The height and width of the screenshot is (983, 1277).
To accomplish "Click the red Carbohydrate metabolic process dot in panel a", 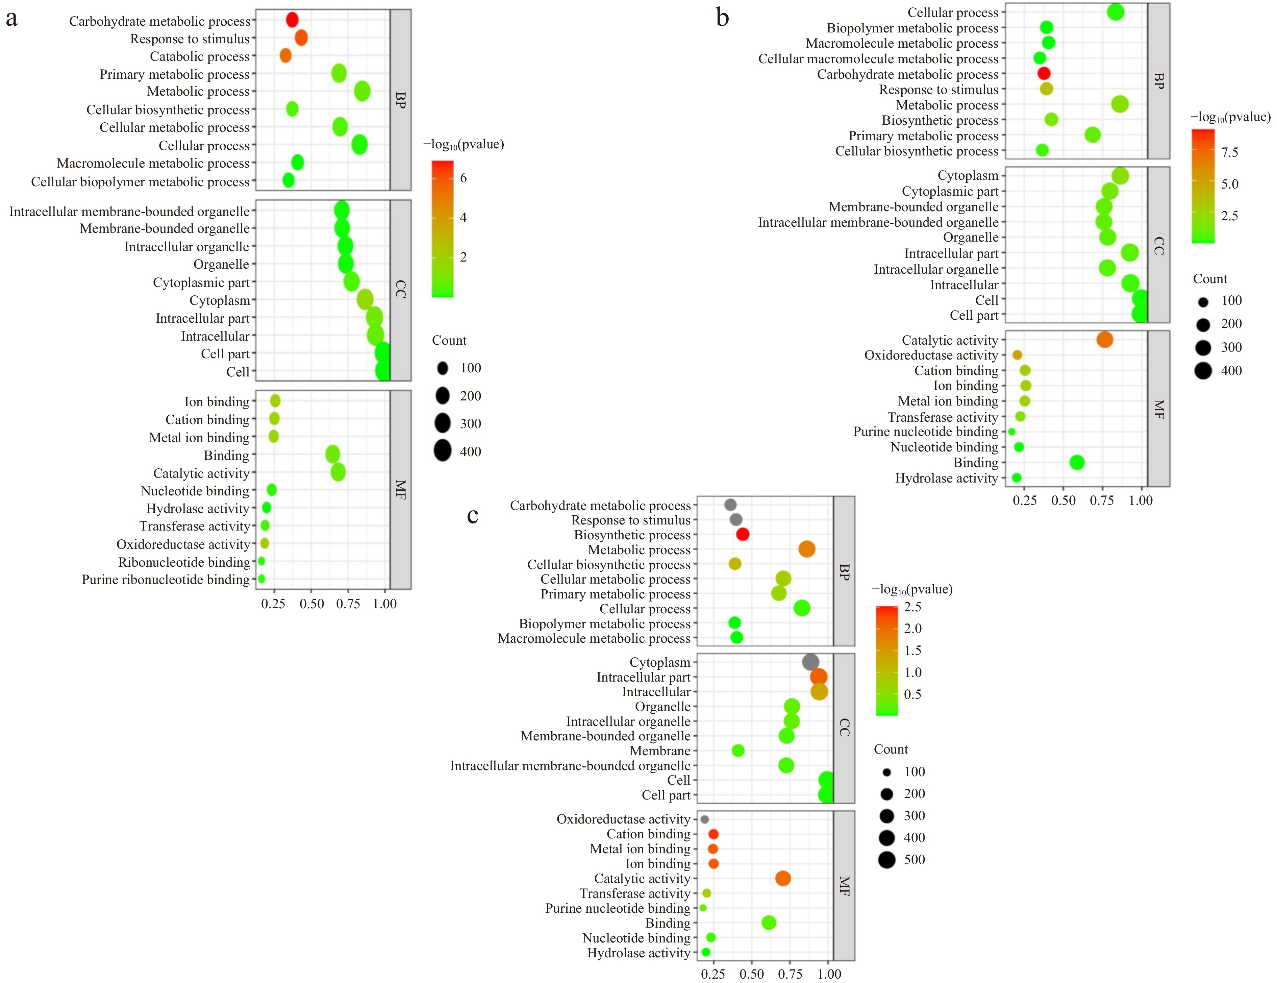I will pyautogui.click(x=292, y=20).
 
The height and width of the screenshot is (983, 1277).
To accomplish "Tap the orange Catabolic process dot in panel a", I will pyautogui.click(x=285, y=55).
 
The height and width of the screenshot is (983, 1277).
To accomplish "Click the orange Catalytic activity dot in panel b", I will pyautogui.click(x=1104, y=339).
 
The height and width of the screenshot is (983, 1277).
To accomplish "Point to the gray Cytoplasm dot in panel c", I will pyautogui.click(x=810, y=662).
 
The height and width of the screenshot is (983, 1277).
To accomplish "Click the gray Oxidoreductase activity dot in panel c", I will pyautogui.click(x=705, y=819).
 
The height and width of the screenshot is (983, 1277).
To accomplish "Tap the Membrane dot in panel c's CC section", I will pyautogui.click(x=738, y=750).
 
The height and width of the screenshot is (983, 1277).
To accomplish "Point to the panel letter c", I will pyautogui.click(x=472, y=515).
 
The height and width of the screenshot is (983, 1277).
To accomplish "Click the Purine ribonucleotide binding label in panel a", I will pyautogui.click(x=166, y=580).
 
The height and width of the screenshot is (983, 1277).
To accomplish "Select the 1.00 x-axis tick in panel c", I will pyautogui.click(x=829, y=974).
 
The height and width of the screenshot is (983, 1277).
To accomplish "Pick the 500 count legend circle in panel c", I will pyautogui.click(x=886, y=860).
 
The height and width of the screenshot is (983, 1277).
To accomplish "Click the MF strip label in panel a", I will pyautogui.click(x=401, y=489).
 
